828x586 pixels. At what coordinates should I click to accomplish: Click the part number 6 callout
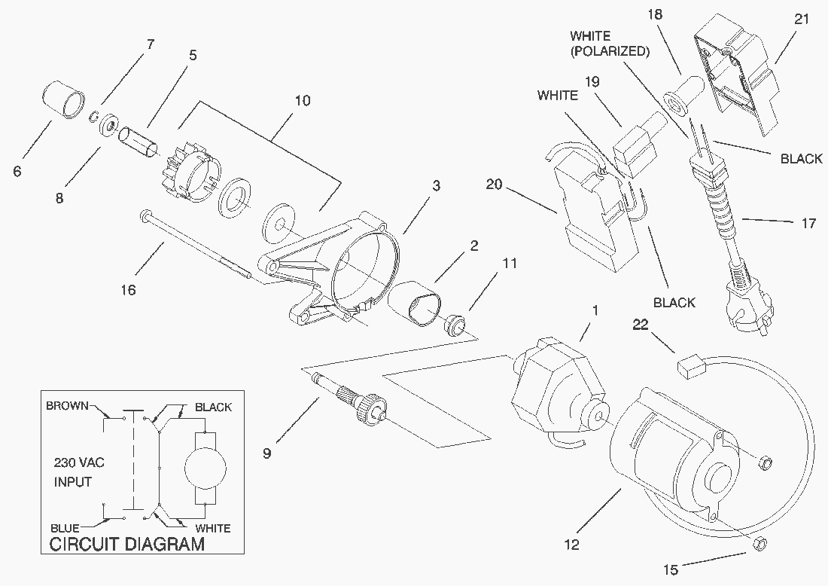click(x=17, y=171)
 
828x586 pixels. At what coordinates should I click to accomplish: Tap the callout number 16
click(x=129, y=288)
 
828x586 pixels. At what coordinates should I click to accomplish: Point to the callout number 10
click(x=302, y=100)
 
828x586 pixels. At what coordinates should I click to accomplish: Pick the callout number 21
click(x=801, y=19)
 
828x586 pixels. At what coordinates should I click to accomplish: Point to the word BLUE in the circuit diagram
click(x=65, y=527)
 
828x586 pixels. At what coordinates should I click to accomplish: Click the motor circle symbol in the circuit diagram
click(x=205, y=467)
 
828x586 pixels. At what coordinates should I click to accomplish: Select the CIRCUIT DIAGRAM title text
click(x=126, y=545)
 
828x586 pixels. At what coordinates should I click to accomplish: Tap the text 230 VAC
click(x=79, y=462)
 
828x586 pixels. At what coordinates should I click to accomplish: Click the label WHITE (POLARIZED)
click(x=610, y=44)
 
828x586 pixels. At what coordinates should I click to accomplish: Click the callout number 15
click(x=671, y=569)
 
